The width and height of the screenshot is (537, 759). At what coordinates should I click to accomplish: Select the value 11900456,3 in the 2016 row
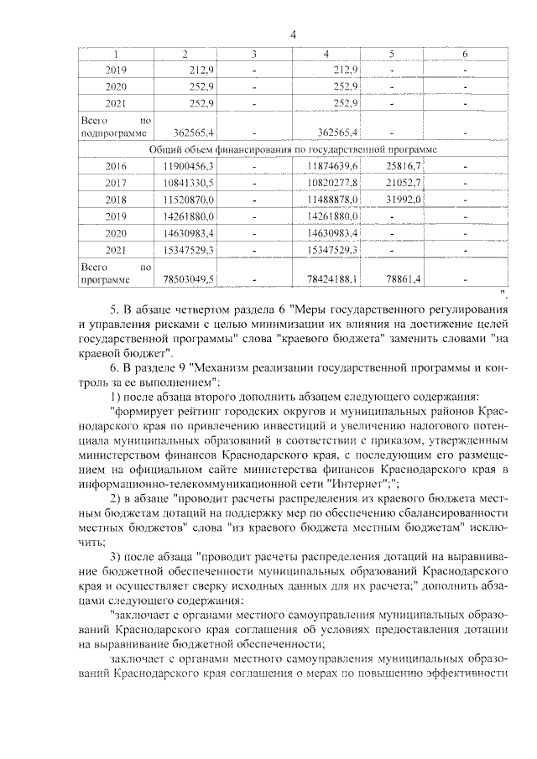tap(192, 166)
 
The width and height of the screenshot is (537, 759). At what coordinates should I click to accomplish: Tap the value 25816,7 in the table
tap(402, 166)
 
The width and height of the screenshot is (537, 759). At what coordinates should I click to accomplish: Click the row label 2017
tap(116, 183)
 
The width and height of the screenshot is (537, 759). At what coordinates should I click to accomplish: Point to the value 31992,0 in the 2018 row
tap(402, 200)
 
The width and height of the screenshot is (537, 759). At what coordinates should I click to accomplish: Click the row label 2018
tap(116, 200)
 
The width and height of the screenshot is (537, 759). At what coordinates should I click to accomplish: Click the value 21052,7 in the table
tap(402, 183)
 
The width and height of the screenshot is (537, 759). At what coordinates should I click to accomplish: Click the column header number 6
tap(465, 55)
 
